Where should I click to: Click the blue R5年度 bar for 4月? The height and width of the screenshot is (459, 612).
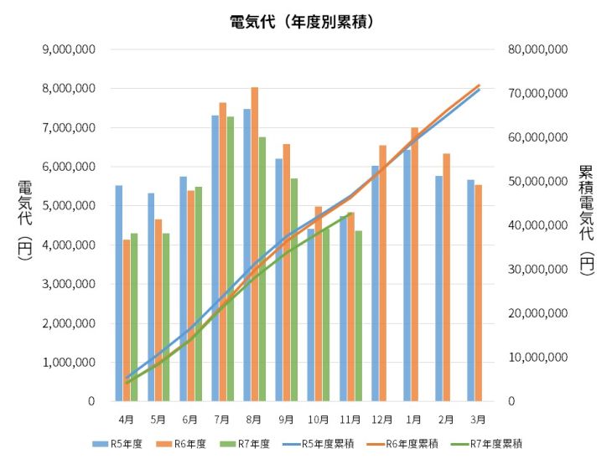click(x=119, y=293)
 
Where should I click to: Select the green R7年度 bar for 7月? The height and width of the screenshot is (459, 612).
click(x=231, y=259)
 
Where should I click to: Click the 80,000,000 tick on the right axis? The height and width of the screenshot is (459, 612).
click(x=538, y=49)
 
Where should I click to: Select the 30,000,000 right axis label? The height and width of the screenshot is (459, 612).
click(x=538, y=270)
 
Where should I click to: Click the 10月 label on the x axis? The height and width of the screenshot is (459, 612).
click(x=319, y=418)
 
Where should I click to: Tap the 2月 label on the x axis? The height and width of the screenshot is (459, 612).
click(x=447, y=418)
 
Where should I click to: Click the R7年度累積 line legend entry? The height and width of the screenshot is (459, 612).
click(x=489, y=444)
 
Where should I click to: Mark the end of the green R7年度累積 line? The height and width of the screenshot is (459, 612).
click(x=350, y=216)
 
